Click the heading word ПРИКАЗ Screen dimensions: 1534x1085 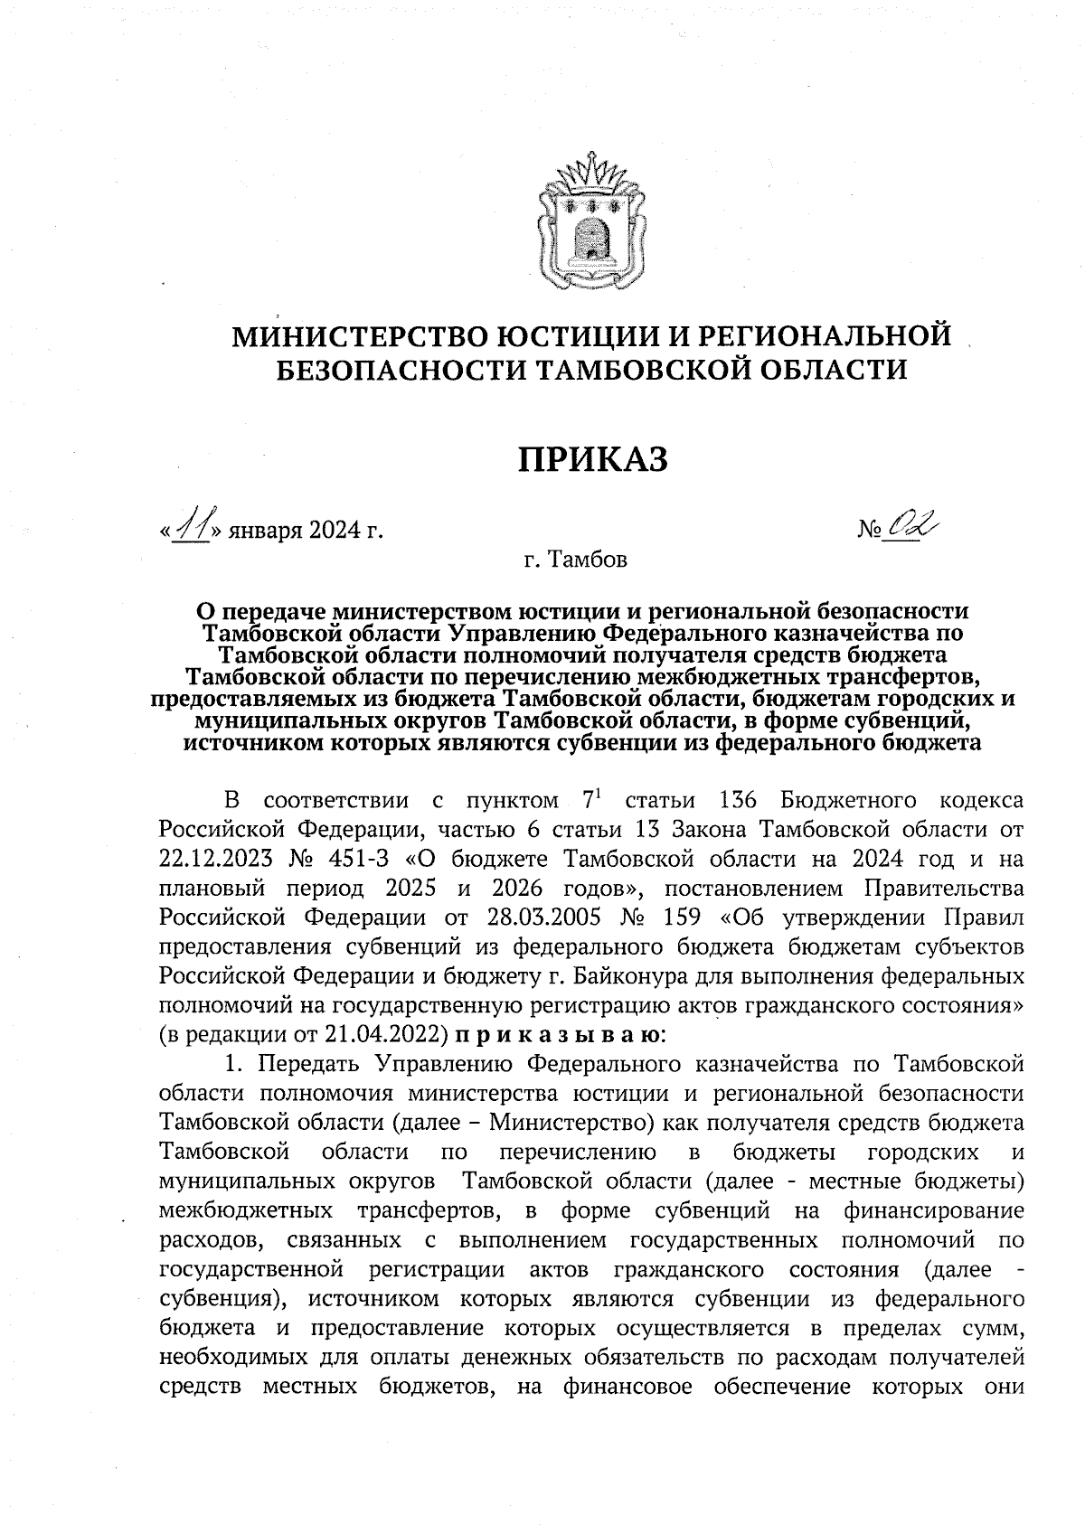point(593,459)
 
